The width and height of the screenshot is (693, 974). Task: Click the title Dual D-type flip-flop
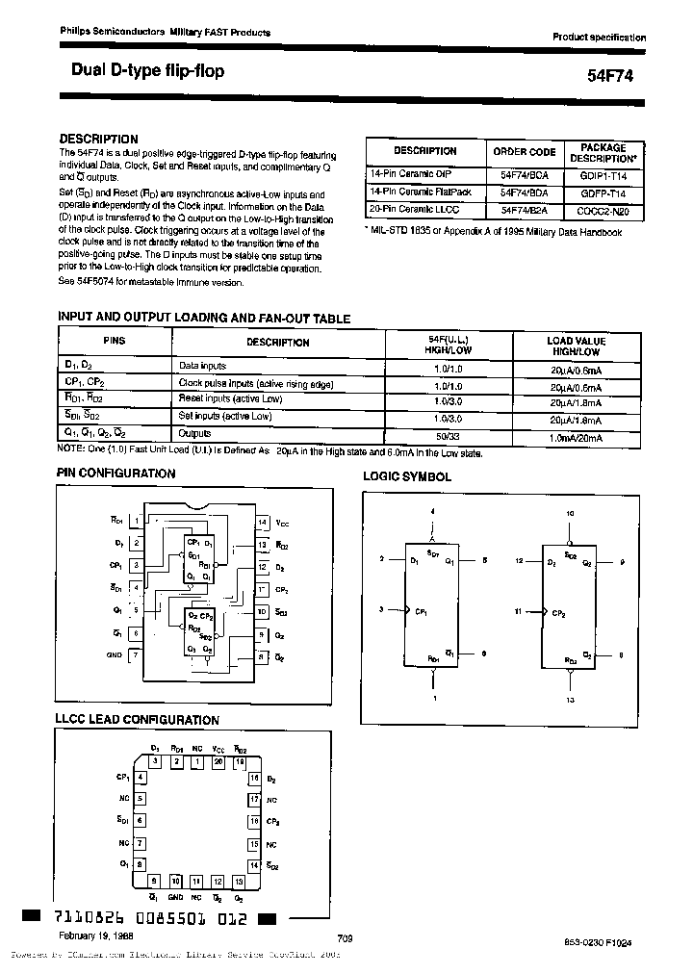pyautogui.click(x=148, y=70)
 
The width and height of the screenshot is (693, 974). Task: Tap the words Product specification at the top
pyautogui.click(x=599, y=37)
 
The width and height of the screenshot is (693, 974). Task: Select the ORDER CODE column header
pyautogui.click(x=525, y=151)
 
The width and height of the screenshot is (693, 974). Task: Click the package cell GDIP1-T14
pyautogui.click(x=603, y=174)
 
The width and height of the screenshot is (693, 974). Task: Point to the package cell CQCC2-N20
pyautogui.click(x=603, y=208)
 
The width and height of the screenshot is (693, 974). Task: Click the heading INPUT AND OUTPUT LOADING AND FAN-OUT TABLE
pyautogui.click(x=204, y=319)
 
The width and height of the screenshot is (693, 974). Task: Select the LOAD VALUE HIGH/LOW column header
pyautogui.click(x=576, y=346)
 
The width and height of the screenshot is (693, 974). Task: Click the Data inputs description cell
pyautogui.click(x=203, y=366)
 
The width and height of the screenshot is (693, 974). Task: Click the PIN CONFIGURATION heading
pyautogui.click(x=116, y=474)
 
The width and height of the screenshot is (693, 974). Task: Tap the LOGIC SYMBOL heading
pyautogui.click(x=406, y=476)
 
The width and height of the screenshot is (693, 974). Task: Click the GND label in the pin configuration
pyautogui.click(x=115, y=654)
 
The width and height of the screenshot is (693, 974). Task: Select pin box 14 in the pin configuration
pyautogui.click(x=261, y=523)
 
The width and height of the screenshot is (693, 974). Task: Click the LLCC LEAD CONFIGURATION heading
pyautogui.click(x=139, y=720)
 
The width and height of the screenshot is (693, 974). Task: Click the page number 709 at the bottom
pyautogui.click(x=347, y=937)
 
